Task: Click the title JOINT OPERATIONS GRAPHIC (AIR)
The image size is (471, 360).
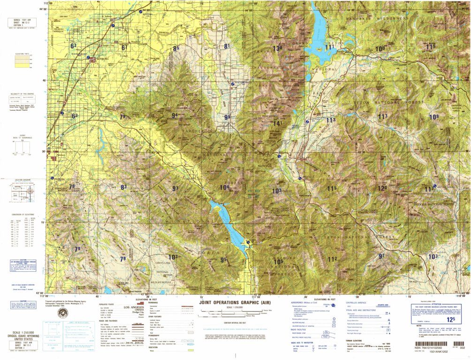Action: (x=235, y=302)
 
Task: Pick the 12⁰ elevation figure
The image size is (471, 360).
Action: (x=382, y=188)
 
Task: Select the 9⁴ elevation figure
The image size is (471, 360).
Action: (x=175, y=115)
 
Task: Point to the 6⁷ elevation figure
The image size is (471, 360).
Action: (x=124, y=47)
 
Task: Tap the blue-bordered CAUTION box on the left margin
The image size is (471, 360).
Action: (x=22, y=263)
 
